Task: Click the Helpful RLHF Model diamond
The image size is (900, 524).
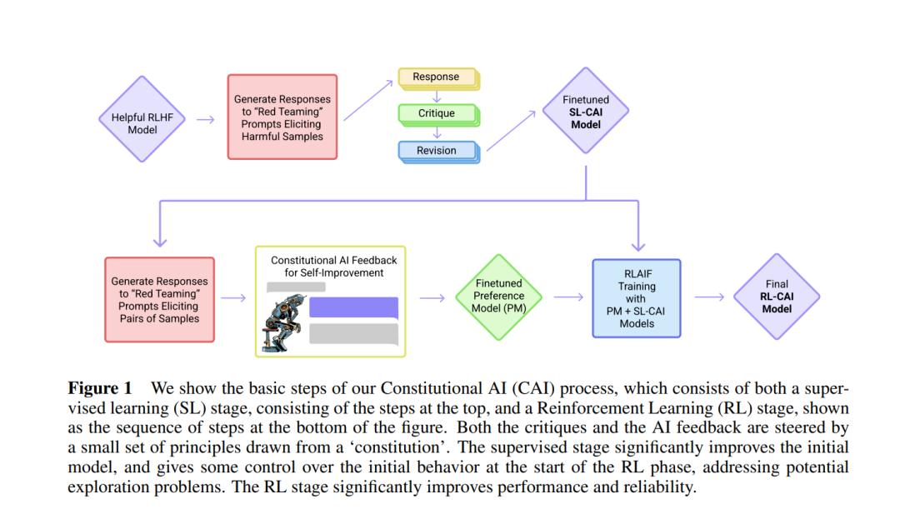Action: coord(142,119)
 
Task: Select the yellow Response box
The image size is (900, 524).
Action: coord(439,78)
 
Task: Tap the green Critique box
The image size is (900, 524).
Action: coord(439,114)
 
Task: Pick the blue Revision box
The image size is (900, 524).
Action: coord(439,152)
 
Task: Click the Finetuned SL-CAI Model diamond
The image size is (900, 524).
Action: coord(586,111)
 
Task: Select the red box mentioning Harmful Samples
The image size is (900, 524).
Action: coord(282,117)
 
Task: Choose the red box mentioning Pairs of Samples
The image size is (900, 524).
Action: coord(159,300)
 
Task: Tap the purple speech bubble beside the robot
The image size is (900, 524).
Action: coord(353,307)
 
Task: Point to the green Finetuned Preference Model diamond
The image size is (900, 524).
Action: coord(499,297)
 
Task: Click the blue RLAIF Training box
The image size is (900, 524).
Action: coord(637,298)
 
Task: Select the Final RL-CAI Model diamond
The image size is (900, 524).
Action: coord(777,296)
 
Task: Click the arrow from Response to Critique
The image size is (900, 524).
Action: coord(437,97)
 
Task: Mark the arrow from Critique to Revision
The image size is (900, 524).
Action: coord(437,133)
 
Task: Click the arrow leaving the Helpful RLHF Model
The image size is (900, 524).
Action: coord(206,119)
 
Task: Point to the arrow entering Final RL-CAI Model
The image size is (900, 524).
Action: coord(710,297)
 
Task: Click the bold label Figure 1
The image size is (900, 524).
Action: coord(100,388)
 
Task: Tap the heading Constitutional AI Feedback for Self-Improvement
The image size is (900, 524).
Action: coord(334,267)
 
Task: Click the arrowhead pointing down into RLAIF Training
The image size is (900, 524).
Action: coord(638,247)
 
